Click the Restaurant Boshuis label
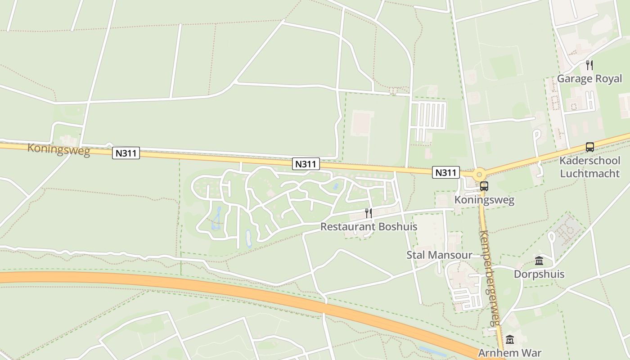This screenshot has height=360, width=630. [369, 227]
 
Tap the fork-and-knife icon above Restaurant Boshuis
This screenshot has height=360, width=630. [368, 213]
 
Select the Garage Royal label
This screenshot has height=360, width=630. [589, 79]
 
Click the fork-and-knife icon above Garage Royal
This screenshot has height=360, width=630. [589, 65]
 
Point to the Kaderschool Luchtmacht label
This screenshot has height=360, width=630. [589, 167]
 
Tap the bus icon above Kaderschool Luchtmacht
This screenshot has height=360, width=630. [589, 147]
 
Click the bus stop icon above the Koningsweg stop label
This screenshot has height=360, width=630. [484, 186]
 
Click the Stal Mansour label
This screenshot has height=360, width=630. [439, 255]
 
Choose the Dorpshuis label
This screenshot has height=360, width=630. [539, 274]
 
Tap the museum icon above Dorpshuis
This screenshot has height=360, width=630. [539, 261]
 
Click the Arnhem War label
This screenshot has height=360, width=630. [510, 353]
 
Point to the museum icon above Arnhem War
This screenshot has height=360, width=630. [510, 340]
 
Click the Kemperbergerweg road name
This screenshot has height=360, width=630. [490, 278]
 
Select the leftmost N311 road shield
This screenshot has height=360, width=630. [126, 153]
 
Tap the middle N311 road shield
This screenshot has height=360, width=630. [306, 164]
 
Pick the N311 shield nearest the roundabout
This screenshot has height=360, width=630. [446, 172]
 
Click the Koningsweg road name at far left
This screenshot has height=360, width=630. [58, 149]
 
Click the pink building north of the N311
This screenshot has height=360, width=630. [362, 123]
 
